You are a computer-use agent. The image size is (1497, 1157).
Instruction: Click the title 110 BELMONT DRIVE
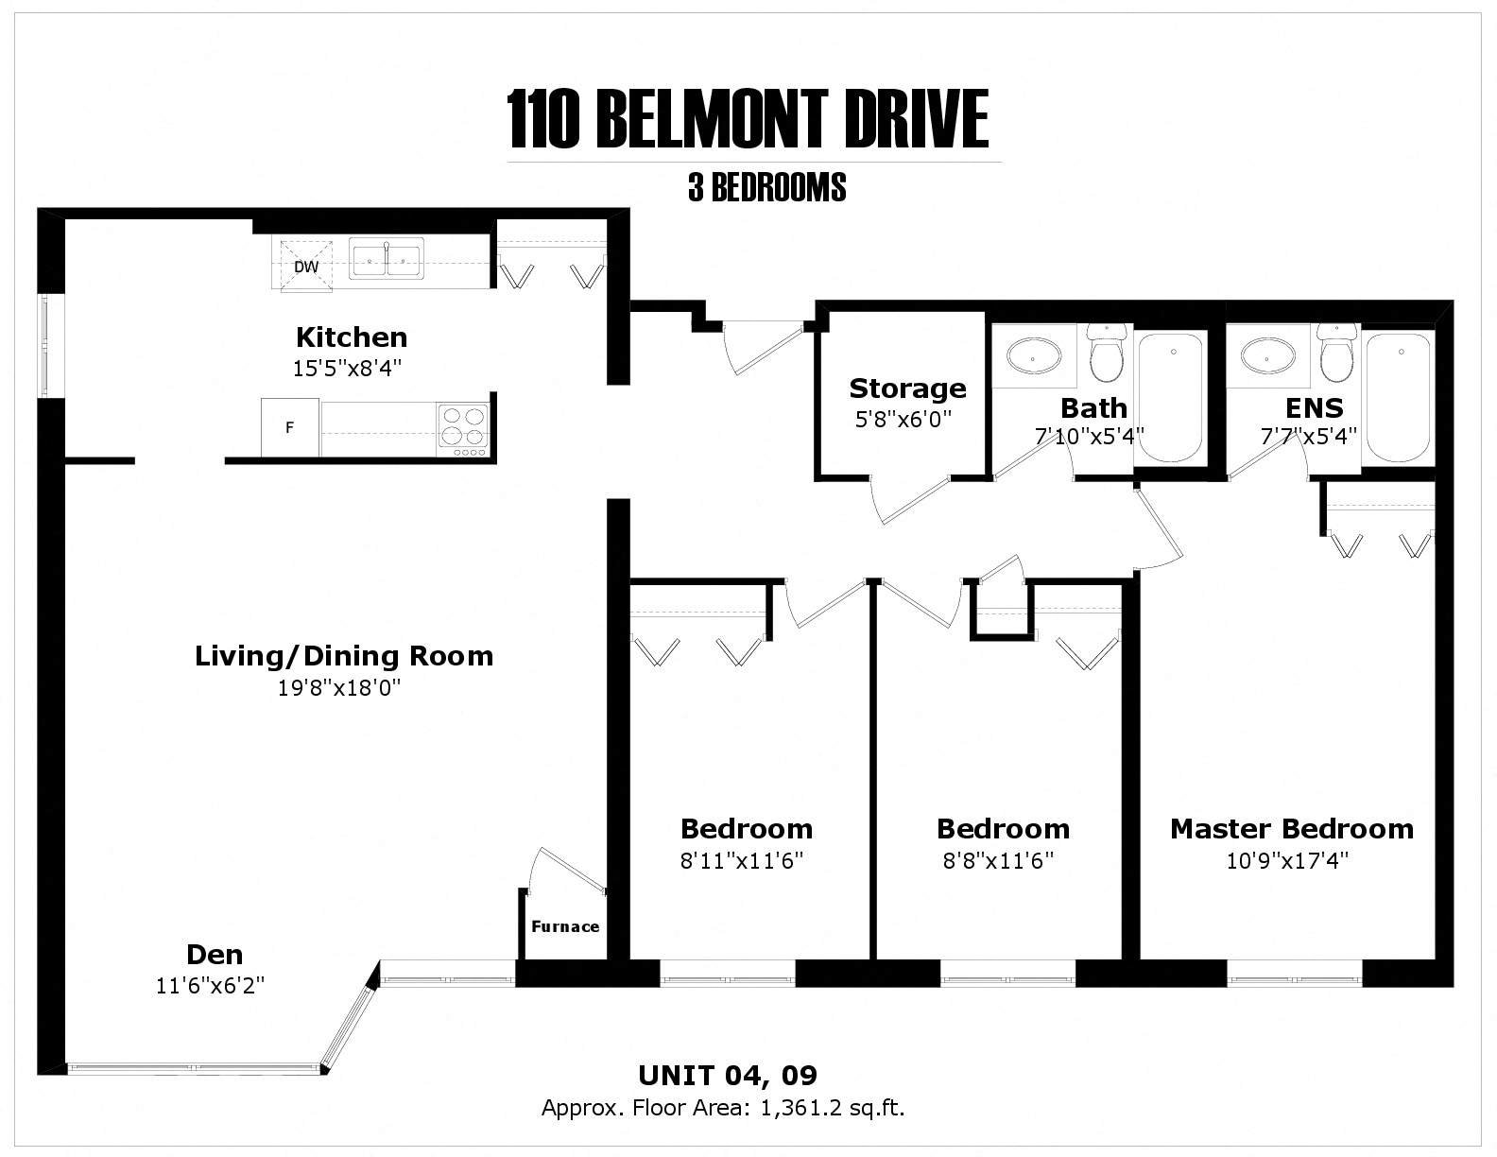point(748,120)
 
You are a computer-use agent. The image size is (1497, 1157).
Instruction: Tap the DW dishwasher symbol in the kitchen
point(306,266)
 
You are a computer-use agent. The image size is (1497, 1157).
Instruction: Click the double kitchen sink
point(387,258)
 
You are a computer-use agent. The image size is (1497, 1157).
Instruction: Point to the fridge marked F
point(290,427)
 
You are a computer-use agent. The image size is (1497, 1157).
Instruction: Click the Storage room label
point(907,389)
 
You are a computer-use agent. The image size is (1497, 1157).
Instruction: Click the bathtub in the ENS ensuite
point(1399,396)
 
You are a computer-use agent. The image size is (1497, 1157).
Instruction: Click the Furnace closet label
point(565,926)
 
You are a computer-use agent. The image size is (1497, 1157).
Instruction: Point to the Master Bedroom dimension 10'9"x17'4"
point(1292,860)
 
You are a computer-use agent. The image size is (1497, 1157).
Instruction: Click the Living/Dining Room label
point(344,656)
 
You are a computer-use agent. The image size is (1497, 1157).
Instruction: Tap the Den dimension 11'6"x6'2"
point(210,985)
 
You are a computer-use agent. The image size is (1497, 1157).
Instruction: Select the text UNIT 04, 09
point(728,1075)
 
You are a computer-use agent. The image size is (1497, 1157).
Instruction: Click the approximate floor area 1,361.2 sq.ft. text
point(833,1108)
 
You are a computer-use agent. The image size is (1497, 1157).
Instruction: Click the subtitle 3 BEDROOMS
point(766,188)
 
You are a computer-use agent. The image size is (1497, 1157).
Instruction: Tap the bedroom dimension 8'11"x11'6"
point(747,860)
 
